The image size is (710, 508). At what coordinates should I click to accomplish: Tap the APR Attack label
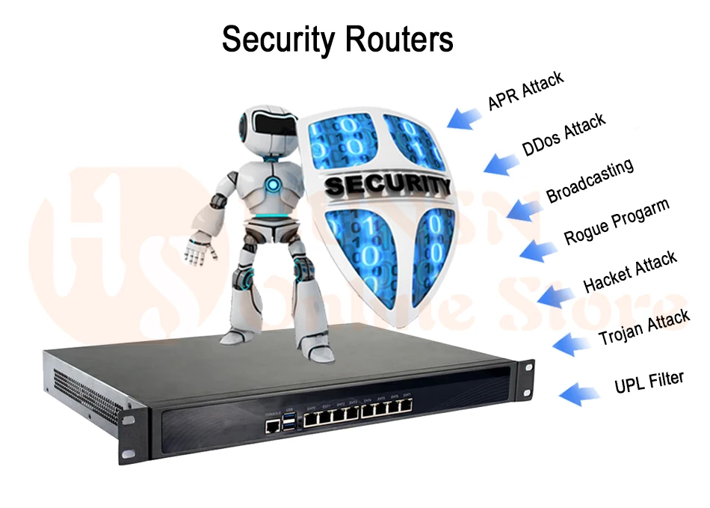(x=525, y=91)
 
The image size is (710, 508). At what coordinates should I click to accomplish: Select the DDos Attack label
(x=564, y=135)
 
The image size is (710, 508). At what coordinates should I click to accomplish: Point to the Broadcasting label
(x=590, y=180)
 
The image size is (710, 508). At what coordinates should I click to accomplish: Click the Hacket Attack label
(x=629, y=272)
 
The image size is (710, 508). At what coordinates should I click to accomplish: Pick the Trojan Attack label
(x=643, y=328)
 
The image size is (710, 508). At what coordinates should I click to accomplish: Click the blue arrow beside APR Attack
(x=465, y=117)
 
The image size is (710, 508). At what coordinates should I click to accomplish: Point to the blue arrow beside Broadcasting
(x=524, y=208)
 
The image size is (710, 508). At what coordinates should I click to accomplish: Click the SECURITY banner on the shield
(x=388, y=182)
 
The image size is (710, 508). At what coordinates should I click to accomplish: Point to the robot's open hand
(x=198, y=248)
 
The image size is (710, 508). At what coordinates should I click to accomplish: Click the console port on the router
(x=272, y=425)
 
